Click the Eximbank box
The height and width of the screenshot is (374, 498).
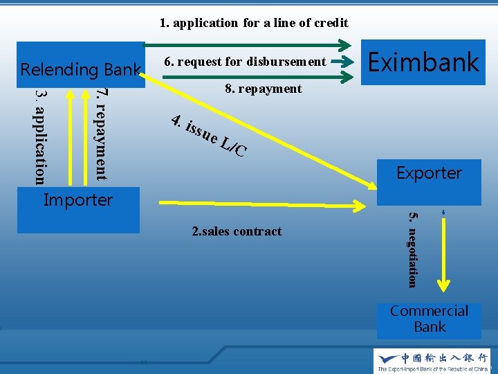click(423, 62)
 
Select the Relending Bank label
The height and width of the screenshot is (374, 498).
click(80, 69)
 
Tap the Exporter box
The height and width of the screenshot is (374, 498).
click(429, 173)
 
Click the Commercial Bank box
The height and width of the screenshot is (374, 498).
click(429, 319)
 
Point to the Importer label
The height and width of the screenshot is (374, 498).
click(77, 200)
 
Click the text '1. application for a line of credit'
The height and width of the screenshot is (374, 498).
click(254, 23)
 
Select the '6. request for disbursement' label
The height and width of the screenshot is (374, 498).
click(244, 62)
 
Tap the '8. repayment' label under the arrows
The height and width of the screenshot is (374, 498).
click(263, 89)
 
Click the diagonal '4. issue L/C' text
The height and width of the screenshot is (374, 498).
click(208, 136)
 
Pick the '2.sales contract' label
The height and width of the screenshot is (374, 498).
click(237, 231)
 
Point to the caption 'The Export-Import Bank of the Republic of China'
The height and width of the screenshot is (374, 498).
click(432, 368)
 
